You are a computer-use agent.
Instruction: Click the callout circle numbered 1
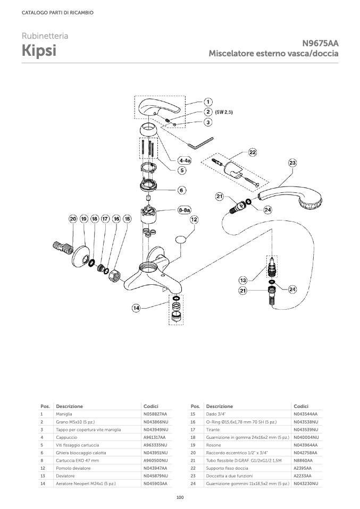(x=208, y=101)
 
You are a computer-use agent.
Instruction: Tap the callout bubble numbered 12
(x=195, y=219)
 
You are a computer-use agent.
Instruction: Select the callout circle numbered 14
(x=136, y=308)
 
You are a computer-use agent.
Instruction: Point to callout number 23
(x=292, y=163)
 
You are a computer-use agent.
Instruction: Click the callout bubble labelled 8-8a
(x=185, y=210)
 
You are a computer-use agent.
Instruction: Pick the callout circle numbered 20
(x=72, y=218)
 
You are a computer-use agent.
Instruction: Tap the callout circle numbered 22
(x=253, y=152)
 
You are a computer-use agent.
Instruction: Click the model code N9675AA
(x=321, y=44)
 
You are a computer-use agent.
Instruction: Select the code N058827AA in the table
(x=155, y=414)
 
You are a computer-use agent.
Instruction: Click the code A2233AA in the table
(x=303, y=476)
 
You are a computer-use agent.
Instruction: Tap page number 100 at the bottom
(x=180, y=497)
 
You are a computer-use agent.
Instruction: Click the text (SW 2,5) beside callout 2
(x=225, y=112)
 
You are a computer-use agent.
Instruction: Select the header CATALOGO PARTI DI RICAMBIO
(x=58, y=13)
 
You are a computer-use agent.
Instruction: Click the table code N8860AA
(x=303, y=460)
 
